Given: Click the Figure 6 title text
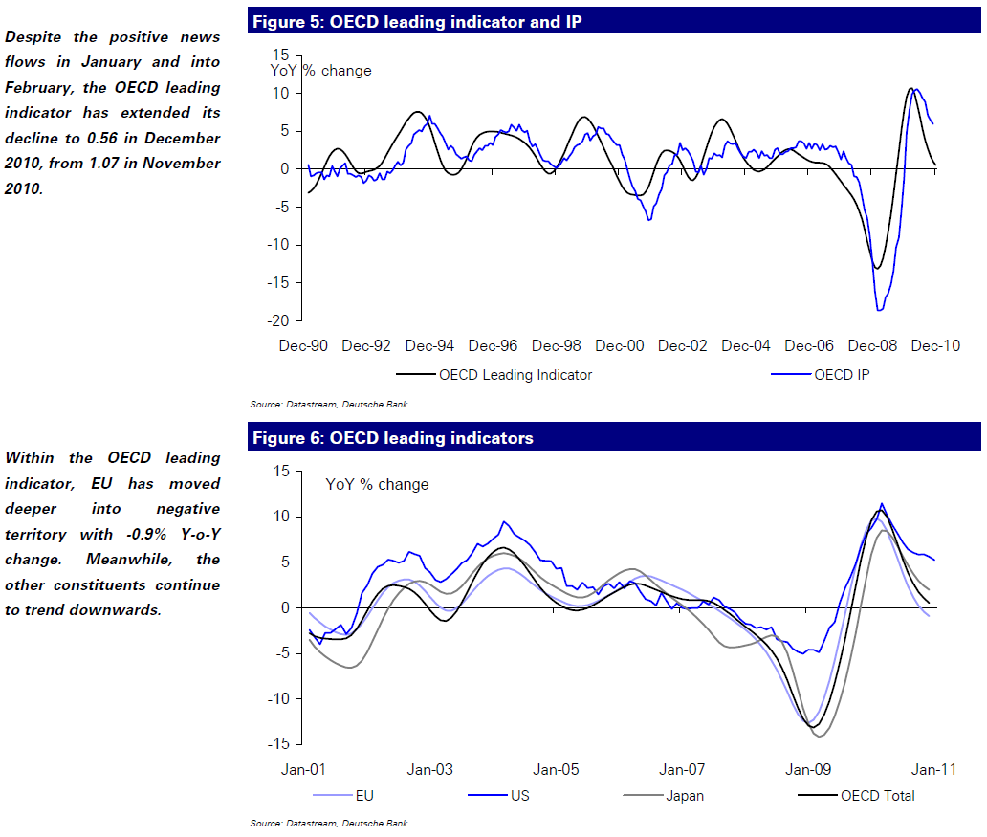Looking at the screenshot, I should tap(393, 438).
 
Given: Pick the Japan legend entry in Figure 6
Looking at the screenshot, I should tap(686, 795).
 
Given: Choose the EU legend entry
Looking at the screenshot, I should tap(364, 795).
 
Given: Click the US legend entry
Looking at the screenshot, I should tap(520, 795).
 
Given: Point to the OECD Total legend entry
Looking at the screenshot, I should tap(877, 795).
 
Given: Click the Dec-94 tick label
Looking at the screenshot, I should tap(428, 345).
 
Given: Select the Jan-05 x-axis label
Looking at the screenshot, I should tap(556, 769).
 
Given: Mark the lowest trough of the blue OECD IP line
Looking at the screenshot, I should tap(879, 310).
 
